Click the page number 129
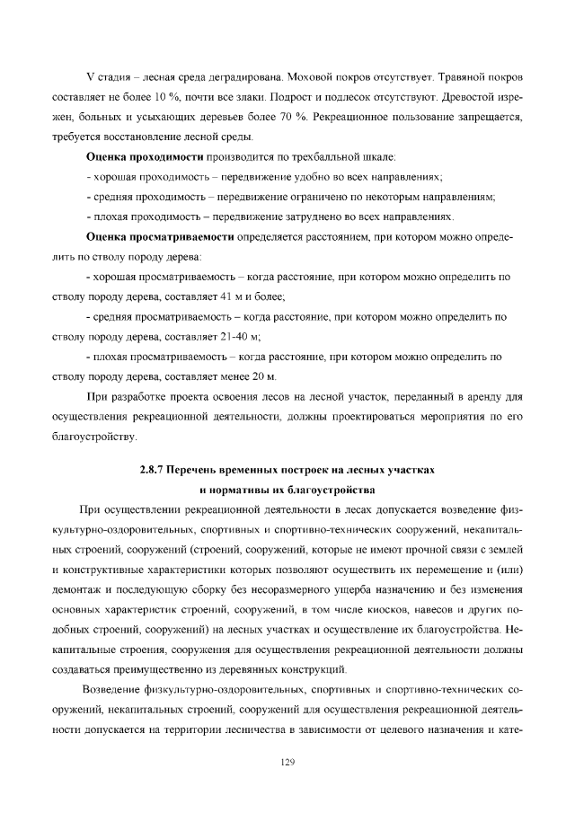287,762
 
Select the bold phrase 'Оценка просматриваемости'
160,238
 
